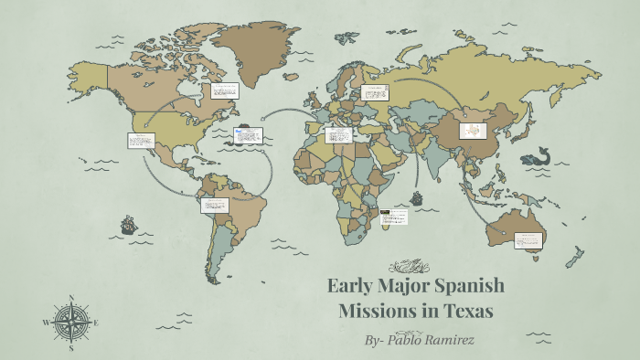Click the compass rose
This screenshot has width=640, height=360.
click(x=71, y=323)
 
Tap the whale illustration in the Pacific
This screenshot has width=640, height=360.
click(x=535, y=156)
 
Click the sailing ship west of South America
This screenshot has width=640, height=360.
click(x=128, y=224)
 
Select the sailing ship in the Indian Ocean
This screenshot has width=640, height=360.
click(x=417, y=198)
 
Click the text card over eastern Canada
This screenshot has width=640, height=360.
click(x=225, y=90)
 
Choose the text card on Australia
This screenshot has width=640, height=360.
click(x=528, y=240)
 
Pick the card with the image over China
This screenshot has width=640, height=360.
click(x=473, y=132)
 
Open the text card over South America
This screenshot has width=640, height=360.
click(x=216, y=206)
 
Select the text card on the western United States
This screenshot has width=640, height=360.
click(x=141, y=141)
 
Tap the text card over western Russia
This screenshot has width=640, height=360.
click(x=375, y=92)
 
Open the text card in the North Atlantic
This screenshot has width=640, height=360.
click(x=249, y=135)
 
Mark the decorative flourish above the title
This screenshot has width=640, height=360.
click(x=409, y=266)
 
